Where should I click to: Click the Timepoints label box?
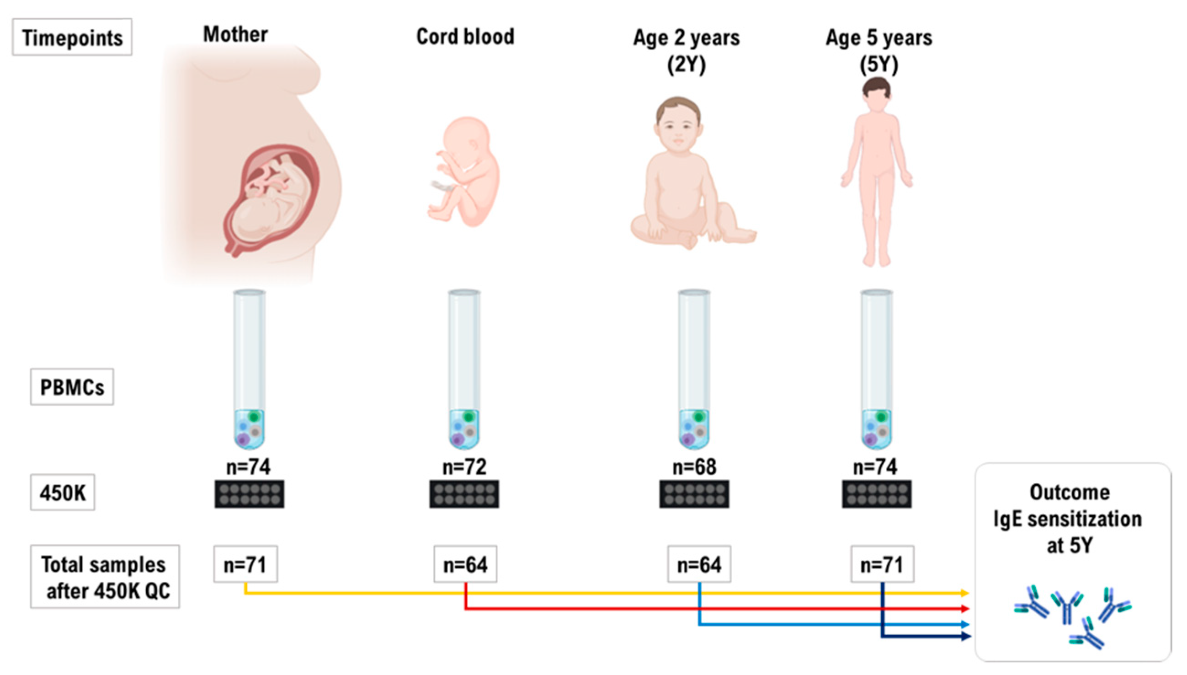72,37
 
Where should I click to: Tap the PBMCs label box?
72,386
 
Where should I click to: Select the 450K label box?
63,492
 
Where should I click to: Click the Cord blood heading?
465,36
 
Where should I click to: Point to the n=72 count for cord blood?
464,466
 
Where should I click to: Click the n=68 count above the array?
694,466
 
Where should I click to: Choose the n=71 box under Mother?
245,564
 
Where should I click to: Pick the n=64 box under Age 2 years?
699,564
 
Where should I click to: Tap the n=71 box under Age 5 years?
882,564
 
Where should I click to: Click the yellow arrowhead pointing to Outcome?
964,593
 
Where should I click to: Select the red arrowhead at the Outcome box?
964,608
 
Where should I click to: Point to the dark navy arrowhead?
965,636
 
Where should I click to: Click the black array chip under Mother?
249,494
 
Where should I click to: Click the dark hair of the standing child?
877,86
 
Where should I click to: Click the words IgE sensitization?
1067,519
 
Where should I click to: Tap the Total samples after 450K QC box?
105,576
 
